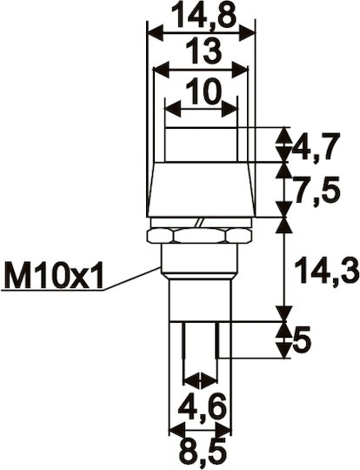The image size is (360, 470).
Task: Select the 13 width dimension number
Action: point(203,50)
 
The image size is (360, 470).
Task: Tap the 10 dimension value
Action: point(203,91)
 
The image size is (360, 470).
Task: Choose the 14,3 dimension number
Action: point(327,270)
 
